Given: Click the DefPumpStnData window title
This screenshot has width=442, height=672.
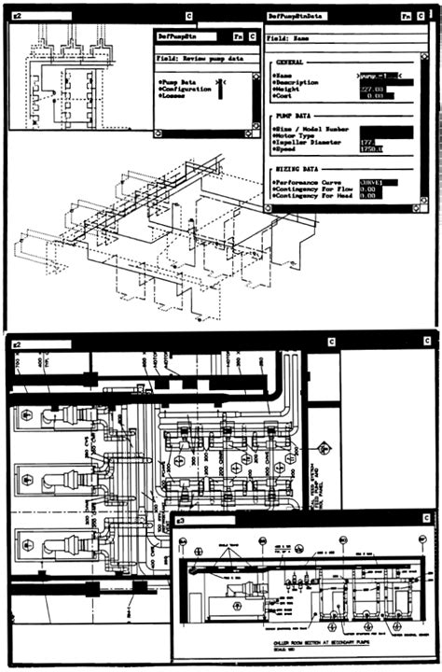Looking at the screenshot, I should tap(301, 16).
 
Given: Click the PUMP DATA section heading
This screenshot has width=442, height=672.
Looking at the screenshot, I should tap(294, 115).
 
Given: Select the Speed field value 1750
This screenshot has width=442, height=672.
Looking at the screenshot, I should tap(372, 149).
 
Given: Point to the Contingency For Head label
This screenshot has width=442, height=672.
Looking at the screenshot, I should tap(314, 196).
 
